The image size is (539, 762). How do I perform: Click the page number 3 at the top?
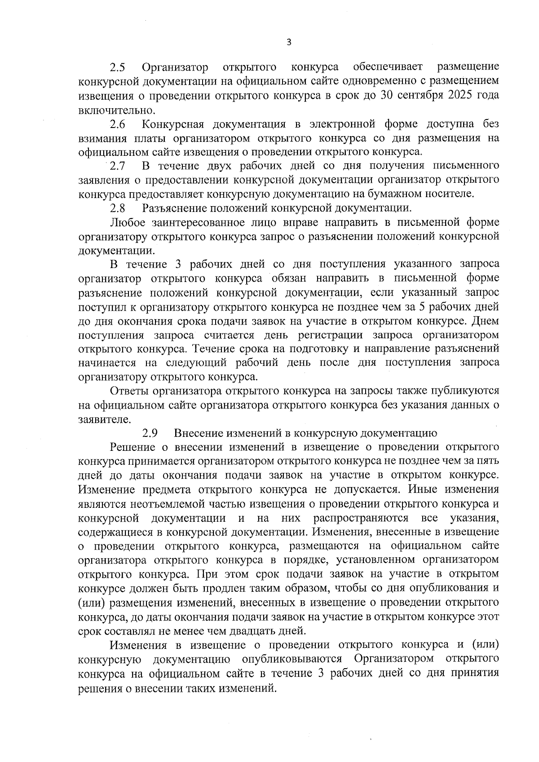click(x=289, y=42)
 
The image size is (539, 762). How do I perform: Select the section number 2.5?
click(x=118, y=68)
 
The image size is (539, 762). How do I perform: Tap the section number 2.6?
click(x=118, y=124)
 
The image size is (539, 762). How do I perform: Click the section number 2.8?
click(x=118, y=209)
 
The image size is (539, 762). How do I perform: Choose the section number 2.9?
click(x=150, y=433)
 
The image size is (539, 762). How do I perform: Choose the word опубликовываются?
click(x=292, y=659)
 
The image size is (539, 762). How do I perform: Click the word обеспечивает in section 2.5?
click(x=388, y=68)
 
